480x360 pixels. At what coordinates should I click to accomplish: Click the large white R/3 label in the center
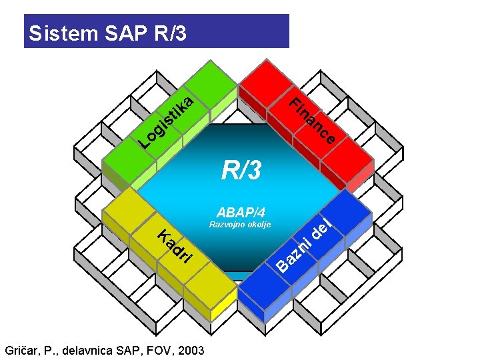pyautogui.click(x=243, y=171)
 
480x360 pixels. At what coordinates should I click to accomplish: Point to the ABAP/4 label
pyautogui.click(x=241, y=213)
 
